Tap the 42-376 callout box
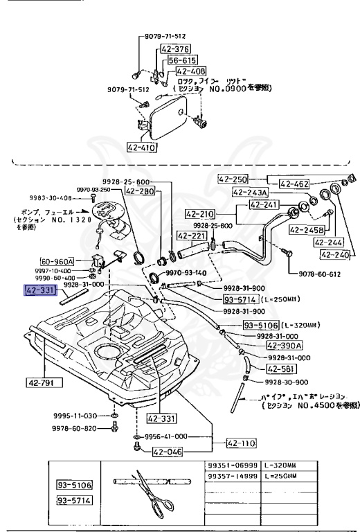175,49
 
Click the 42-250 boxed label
233,179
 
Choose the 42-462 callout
295,184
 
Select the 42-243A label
251,192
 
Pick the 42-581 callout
281,369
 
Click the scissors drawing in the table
152,492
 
